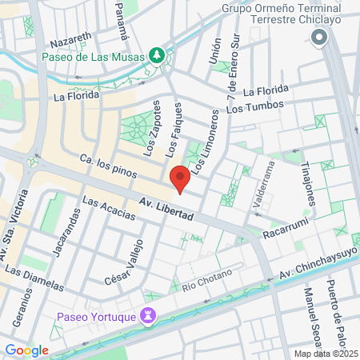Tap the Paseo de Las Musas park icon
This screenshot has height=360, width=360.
158,56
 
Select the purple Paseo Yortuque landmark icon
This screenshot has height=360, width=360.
148,316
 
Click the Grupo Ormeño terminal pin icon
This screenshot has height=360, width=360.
320,37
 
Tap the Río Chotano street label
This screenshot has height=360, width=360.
206,280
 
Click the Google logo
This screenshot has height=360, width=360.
26,350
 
